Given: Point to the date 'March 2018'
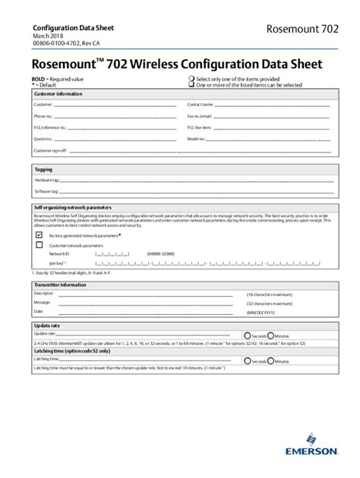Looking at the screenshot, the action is [x=47, y=36].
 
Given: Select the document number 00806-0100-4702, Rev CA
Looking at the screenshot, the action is [x=67, y=44].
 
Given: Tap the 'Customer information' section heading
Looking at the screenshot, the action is [x=58, y=93].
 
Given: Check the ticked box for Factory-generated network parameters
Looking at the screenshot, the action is [x=39, y=235].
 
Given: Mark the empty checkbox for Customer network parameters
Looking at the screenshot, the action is [x=39, y=245].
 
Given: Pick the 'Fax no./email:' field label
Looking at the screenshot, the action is [x=200, y=116].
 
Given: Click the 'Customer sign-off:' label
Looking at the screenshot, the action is [x=51, y=150].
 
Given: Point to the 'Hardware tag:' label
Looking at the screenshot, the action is [x=46, y=181].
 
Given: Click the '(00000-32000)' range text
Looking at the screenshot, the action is [x=160, y=253].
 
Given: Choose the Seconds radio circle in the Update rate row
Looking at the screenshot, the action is [x=248, y=335].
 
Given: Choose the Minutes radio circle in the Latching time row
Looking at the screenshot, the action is [x=271, y=361].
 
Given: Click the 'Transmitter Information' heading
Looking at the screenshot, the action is [x=60, y=285].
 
